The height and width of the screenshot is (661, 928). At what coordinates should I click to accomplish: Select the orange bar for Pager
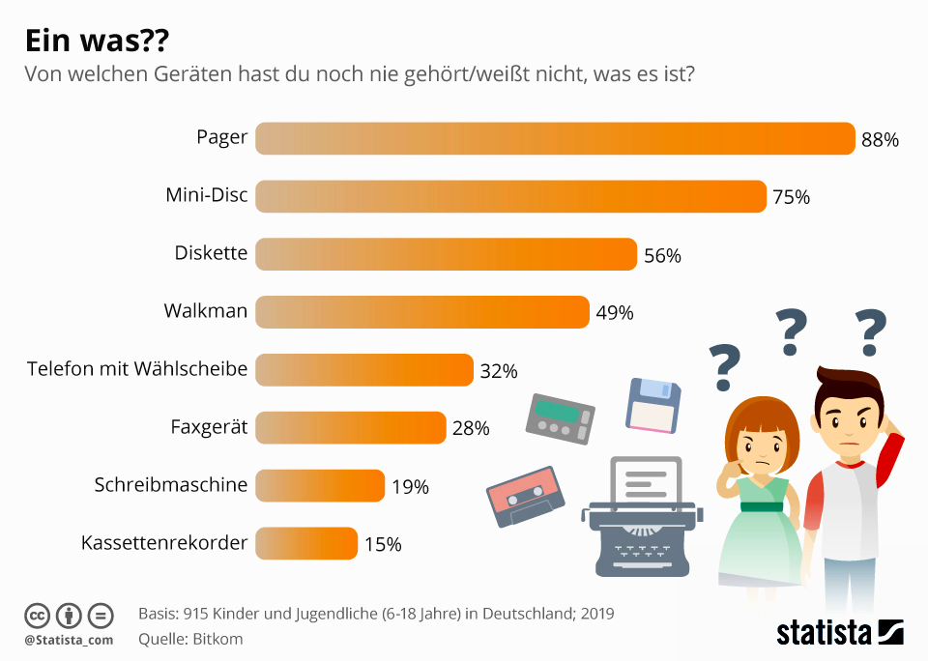pos(555,139)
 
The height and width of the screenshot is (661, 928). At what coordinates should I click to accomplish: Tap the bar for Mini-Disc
pos(510,197)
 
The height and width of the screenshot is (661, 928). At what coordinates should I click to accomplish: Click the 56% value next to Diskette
pos(662,256)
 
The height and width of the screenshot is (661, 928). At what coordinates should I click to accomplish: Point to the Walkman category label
pos(206,312)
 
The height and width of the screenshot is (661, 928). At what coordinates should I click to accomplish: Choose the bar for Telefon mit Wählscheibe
pos(364,370)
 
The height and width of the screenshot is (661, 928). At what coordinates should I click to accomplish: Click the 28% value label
pos(471,428)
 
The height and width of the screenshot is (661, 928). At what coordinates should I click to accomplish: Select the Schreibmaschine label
pos(171,485)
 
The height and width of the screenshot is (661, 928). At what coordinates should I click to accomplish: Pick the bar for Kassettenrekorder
pos(306,543)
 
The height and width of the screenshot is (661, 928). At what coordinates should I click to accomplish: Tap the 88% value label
pos(880,140)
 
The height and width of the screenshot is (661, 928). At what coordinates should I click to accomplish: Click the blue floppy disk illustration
pos(653,404)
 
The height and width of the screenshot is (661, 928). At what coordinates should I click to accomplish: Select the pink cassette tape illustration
pos(523,493)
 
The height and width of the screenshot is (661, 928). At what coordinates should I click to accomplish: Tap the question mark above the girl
pos(724,367)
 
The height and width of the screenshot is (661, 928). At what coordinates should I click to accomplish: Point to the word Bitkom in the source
pos(220,639)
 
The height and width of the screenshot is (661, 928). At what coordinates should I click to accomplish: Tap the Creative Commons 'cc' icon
pos(37,615)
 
